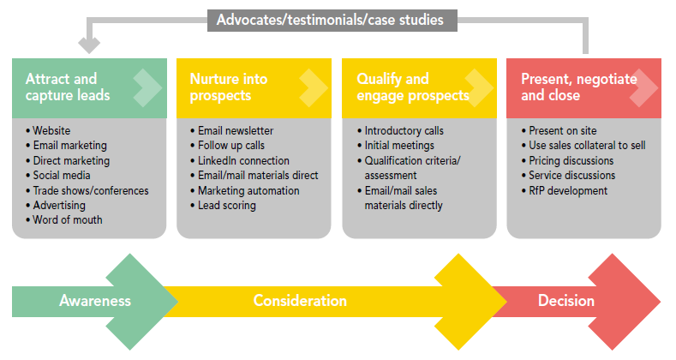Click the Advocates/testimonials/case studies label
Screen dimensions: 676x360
pyautogui.click(x=330, y=20)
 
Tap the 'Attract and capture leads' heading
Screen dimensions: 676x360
pyautogui.click(x=68, y=87)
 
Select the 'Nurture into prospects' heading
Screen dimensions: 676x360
pyautogui.click(x=229, y=87)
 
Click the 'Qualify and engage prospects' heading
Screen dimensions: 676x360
pyautogui.click(x=413, y=87)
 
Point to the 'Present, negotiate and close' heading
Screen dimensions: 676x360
pyautogui.click(x=579, y=87)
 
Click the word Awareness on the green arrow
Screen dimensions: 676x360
pyautogui.click(x=95, y=301)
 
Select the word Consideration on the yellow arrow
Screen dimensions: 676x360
pyautogui.click(x=300, y=301)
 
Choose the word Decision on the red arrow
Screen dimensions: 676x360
pyautogui.click(x=566, y=301)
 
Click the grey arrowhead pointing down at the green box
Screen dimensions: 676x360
pyautogui.click(x=89, y=45)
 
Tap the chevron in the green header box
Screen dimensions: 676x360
pyautogui.click(x=148, y=88)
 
